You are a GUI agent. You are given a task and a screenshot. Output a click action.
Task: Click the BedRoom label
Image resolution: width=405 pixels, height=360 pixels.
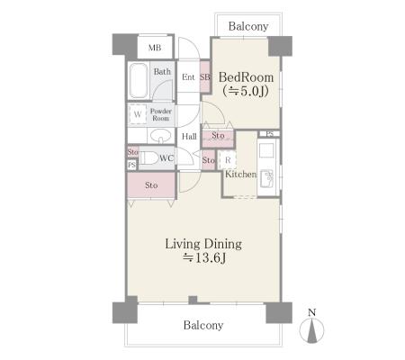(246, 77)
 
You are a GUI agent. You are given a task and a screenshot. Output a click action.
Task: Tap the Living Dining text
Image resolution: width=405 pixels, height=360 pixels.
(203, 244)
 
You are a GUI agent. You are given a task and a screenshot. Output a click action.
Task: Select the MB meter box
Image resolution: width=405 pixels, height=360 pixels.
(155, 48)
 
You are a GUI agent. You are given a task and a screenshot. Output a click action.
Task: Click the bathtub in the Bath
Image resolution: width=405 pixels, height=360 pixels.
(139, 80)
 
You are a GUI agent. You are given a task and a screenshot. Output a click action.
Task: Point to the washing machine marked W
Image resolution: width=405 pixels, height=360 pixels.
(138, 114)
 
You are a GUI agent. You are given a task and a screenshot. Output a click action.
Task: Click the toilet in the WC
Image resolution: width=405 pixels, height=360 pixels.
(149, 158)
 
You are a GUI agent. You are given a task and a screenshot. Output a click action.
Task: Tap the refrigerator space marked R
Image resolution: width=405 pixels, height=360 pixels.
(228, 160)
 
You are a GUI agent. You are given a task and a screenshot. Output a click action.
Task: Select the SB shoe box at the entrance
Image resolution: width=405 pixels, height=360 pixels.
(205, 77)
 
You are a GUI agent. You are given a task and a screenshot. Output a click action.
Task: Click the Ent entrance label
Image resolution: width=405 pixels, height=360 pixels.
(188, 77)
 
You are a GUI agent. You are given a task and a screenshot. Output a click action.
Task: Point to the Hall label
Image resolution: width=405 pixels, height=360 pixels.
(189, 137)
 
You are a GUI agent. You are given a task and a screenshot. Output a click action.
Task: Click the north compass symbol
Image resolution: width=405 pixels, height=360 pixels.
(312, 328)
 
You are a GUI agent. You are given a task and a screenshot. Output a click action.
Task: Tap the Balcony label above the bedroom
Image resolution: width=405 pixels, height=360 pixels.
(248, 26)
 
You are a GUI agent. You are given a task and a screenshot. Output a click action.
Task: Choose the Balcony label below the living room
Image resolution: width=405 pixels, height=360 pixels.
(203, 325)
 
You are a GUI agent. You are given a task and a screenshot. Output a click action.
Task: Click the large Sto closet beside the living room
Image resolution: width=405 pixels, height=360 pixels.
(151, 185)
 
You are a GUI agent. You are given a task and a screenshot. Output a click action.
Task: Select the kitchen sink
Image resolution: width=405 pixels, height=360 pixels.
(267, 177)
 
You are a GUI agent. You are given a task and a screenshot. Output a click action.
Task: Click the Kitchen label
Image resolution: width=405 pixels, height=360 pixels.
(241, 174)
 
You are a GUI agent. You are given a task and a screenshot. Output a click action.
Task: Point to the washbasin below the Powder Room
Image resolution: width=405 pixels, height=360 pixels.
(160, 136)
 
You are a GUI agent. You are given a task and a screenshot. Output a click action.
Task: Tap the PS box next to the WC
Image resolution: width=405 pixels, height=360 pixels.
(131, 165)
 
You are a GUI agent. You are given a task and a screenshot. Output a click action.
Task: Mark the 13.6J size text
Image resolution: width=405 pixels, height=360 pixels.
(204, 257)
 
